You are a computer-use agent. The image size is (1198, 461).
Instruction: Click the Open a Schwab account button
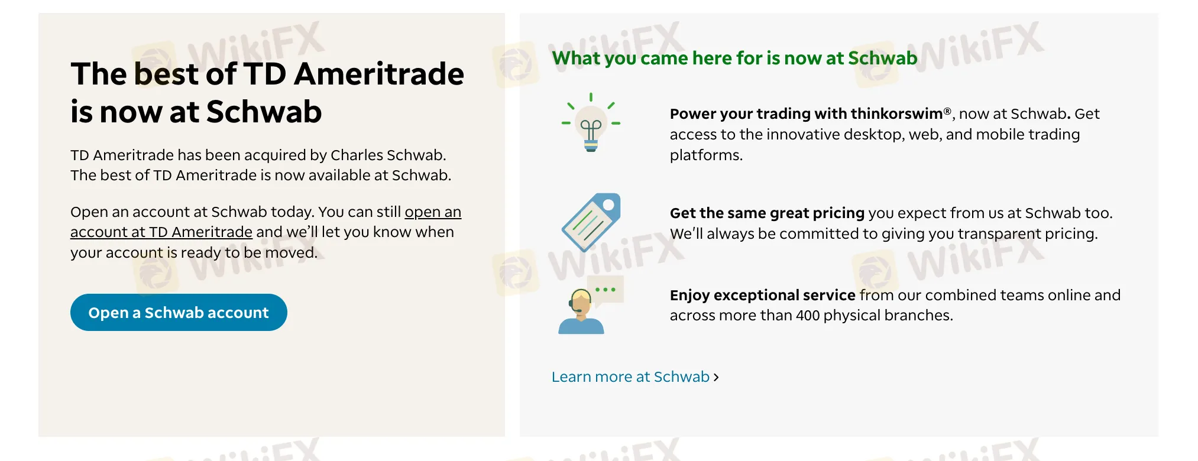point(179,312)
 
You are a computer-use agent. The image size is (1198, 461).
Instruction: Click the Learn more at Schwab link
point(630,377)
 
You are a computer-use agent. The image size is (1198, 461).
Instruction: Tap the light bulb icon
point(591,122)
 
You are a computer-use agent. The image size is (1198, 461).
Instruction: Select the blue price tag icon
point(591,222)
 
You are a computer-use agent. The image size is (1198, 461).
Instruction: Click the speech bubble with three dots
point(607,290)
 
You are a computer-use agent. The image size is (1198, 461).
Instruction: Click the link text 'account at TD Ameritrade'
point(161,232)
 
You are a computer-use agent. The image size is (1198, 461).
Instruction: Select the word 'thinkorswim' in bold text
point(896,113)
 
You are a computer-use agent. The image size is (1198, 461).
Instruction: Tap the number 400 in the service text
point(808,316)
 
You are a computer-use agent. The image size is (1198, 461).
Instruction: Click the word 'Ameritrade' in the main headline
point(379,74)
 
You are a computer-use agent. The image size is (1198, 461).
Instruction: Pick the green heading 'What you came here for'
point(657,58)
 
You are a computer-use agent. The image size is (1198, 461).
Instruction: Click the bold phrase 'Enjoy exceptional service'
point(763,295)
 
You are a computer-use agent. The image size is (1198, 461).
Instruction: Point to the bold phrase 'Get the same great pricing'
point(768,213)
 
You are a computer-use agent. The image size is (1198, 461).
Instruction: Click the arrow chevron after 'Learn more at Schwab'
point(716,377)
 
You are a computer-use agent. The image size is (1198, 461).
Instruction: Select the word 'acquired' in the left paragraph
point(276,155)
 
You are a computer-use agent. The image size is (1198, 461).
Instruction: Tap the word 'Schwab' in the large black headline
point(264,112)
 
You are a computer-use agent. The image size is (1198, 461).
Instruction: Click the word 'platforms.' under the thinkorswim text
point(706,155)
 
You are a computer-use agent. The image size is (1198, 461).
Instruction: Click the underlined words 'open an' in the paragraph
point(433,212)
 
